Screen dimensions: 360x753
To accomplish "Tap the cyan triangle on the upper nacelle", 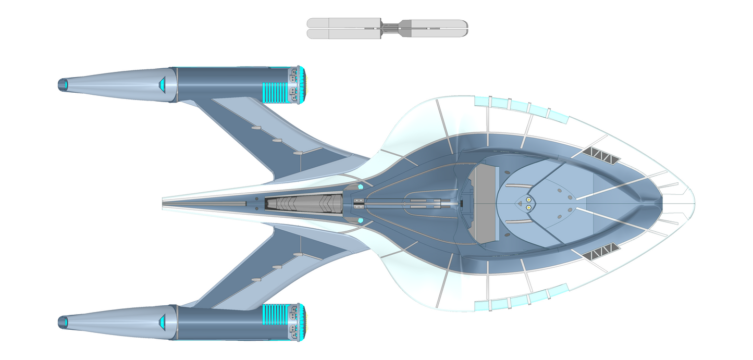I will coord(162,83).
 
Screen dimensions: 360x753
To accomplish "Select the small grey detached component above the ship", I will coord(387,28).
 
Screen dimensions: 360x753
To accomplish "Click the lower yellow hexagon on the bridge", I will coord(529,207).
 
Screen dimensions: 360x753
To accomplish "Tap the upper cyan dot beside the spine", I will coord(360,186).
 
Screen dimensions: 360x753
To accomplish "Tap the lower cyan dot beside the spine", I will coord(360,221).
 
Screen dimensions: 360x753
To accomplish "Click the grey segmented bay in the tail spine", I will coord(304,203).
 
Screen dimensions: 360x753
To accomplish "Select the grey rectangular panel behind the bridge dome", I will coord(484,203).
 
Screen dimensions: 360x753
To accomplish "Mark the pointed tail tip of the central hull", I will coord(164,203).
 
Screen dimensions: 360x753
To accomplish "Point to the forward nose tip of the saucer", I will coord(694,203).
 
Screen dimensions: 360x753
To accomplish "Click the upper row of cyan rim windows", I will coord(521,106).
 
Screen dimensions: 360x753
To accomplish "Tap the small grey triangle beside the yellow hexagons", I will coord(520,203).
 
